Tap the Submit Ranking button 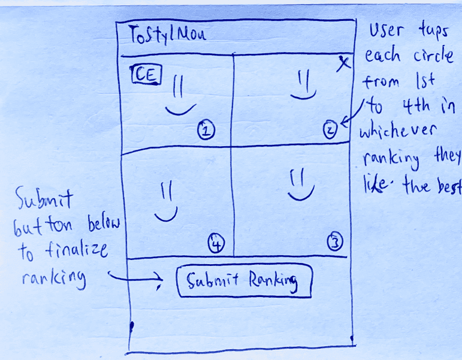pos(244,282)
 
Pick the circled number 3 pos(334,242)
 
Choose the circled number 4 pos(216,243)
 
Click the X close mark pos(343,63)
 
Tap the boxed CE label pos(144,75)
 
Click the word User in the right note pos(386,31)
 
